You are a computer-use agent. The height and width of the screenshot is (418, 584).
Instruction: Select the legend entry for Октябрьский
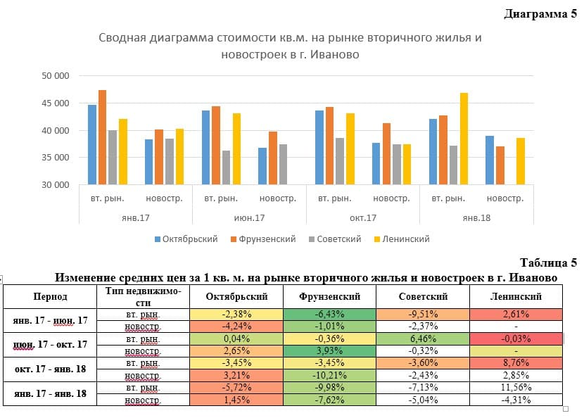point(186,239)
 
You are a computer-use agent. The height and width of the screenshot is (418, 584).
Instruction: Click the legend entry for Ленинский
point(405,239)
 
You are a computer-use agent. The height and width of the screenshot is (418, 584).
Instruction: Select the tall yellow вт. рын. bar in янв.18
point(464,139)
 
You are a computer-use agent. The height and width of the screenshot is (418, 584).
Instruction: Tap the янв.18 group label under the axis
point(476,217)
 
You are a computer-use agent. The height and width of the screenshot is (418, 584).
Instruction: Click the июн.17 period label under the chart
point(249,217)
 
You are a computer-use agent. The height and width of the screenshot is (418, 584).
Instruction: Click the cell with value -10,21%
point(329,376)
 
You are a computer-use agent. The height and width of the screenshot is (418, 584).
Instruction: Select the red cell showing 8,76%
point(514,364)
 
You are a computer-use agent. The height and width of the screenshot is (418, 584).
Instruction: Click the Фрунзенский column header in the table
point(329,297)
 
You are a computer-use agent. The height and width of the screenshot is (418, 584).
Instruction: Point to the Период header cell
point(50,297)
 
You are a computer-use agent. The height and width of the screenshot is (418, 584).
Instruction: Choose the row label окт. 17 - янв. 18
point(50,369)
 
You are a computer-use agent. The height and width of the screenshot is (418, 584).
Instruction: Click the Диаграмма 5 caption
point(540,14)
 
